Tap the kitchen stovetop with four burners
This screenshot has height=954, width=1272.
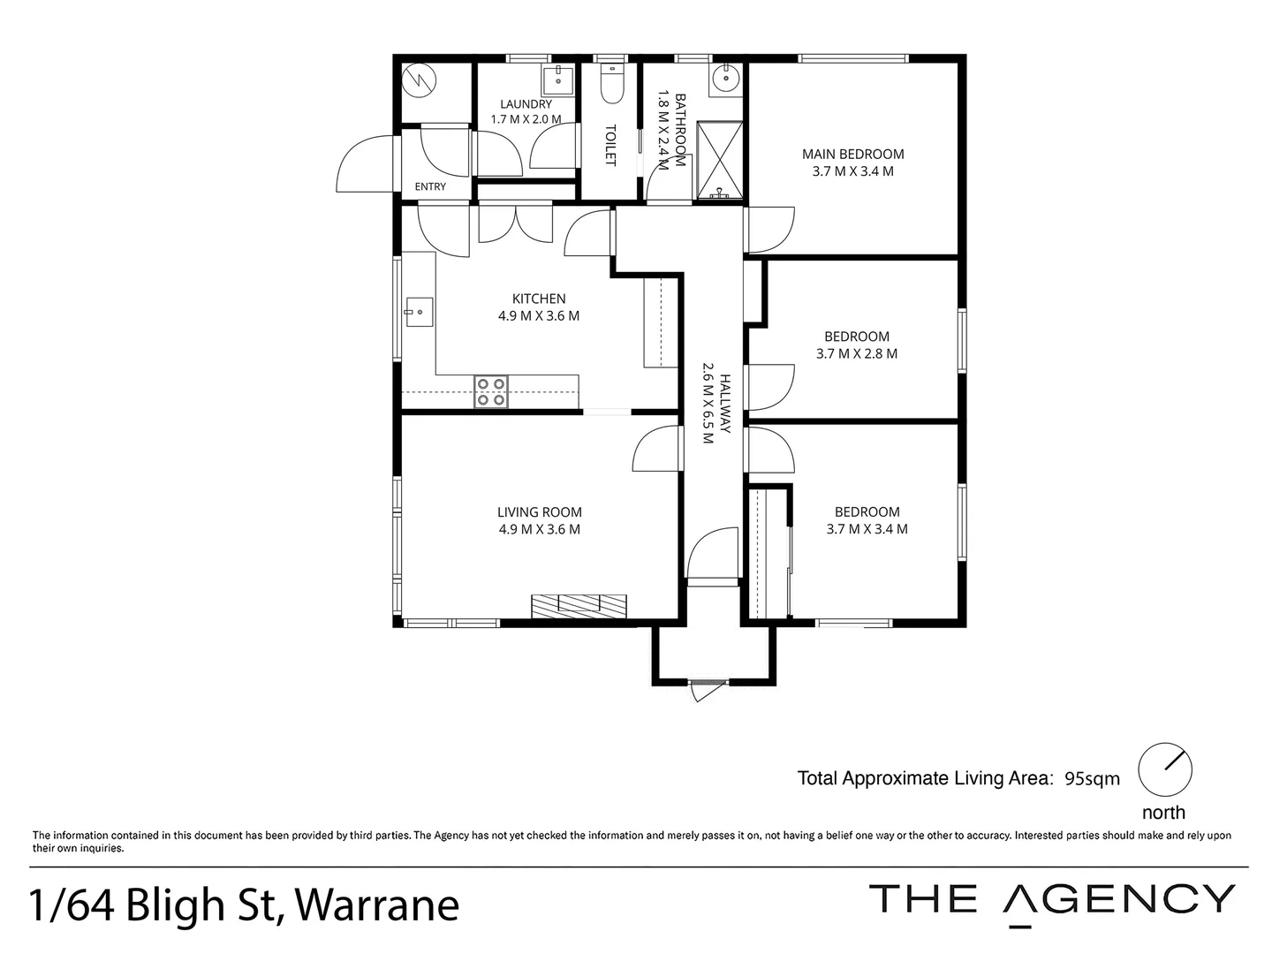tap(491, 391)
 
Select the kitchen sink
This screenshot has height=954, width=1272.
tap(419, 312)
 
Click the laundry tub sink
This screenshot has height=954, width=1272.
tap(558, 80)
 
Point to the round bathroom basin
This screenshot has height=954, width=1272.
tap(724, 79)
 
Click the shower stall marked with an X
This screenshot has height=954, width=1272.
tap(719, 160)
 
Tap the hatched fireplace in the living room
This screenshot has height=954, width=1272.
tap(579, 606)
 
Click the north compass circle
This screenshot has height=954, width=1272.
tap(1165, 769)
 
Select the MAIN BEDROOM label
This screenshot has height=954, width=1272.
tap(852, 154)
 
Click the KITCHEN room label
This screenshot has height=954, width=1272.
tap(538, 299)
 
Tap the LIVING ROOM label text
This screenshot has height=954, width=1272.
tap(540, 512)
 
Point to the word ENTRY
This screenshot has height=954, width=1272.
tap(430, 186)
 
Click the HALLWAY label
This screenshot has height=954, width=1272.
tap(725, 403)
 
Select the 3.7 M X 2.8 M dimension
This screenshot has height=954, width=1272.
tap(857, 353)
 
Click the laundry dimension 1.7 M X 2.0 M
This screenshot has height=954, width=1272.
tap(526, 119)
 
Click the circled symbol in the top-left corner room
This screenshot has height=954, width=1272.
tap(419, 79)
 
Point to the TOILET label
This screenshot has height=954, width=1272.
tap(610, 146)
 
